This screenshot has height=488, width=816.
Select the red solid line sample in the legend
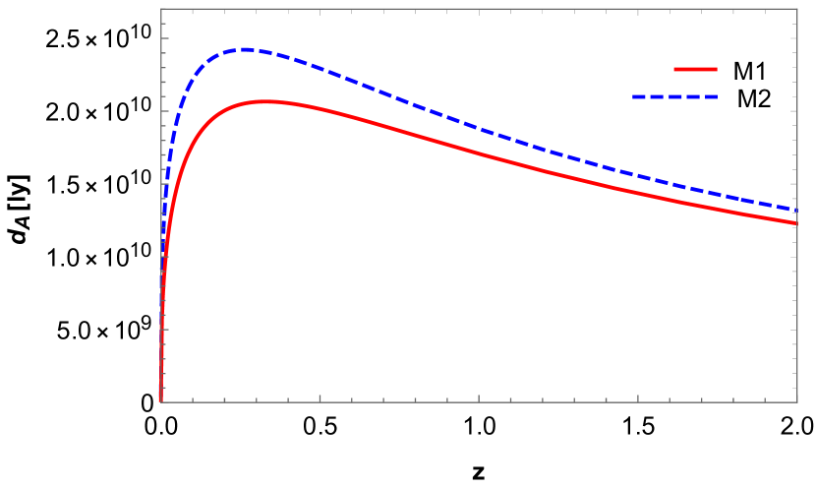point(695,70)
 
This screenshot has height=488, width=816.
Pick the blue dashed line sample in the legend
point(674,97)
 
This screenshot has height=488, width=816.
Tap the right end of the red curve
point(795,223)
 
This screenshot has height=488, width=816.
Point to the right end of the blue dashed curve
point(795,210)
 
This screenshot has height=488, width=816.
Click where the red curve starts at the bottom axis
point(161,400)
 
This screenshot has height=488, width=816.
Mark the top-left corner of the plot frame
point(161,9)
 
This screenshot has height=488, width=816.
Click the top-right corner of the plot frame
point(797,9)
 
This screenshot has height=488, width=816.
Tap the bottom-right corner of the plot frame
point(797,401)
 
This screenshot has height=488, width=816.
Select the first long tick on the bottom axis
point(320,398)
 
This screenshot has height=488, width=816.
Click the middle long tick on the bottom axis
point(479,398)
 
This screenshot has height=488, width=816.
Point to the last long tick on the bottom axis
point(638,398)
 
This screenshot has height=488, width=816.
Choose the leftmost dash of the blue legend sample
point(639,97)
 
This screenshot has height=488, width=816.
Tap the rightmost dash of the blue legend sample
point(711,97)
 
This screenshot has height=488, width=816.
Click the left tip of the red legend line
point(674,70)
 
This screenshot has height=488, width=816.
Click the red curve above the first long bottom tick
point(320,108)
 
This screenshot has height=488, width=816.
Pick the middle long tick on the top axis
point(479,12)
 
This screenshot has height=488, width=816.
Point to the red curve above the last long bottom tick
point(638,192)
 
